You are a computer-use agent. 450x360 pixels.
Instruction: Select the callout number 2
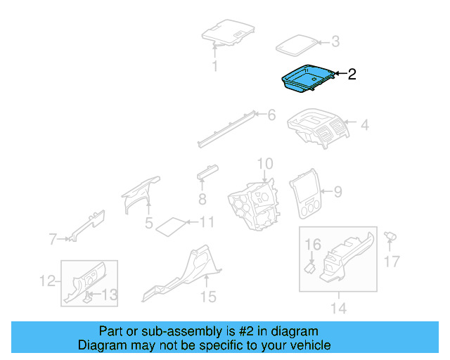(352, 74)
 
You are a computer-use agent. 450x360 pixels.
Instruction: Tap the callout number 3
(335, 42)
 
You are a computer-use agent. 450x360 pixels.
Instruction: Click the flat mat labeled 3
(296, 44)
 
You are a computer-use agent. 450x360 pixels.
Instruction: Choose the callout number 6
(271, 115)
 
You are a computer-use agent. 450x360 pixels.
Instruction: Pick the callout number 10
(264, 165)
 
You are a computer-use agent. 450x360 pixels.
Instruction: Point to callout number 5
(149, 224)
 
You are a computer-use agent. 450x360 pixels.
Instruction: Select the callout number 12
(46, 281)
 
